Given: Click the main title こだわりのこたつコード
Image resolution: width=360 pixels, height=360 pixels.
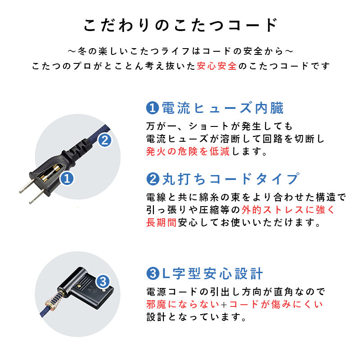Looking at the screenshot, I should coord(180,25).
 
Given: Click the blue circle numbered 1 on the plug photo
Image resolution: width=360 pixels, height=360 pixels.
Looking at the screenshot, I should coord(67,179).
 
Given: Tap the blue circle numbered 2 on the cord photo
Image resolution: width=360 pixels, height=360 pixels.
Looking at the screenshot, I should coord(104,140).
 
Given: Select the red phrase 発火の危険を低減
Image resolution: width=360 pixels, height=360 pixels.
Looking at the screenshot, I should coord(188,152).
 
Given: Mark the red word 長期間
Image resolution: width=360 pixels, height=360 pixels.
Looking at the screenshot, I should coord(162,222).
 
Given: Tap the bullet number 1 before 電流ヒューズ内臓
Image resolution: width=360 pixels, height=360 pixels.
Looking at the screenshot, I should coord(153,108).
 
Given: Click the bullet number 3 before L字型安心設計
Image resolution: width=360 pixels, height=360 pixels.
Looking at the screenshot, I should coord(153,273).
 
